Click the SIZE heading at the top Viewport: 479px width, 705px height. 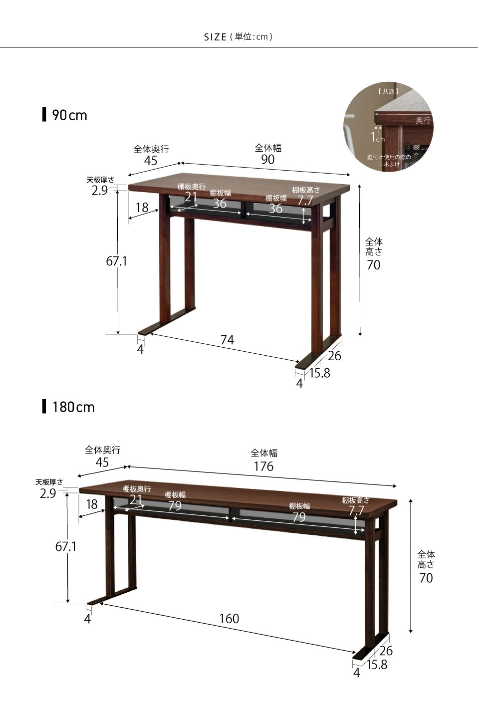(x=215, y=37)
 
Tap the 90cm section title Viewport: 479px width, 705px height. (x=69, y=115)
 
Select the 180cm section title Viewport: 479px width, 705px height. (x=73, y=407)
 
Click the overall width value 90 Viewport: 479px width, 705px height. (x=268, y=160)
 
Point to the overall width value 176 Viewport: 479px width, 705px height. (x=264, y=466)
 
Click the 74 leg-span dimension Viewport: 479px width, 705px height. (x=227, y=340)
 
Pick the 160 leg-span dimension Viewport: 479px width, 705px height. (x=229, y=619)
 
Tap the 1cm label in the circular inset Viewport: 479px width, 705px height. (x=377, y=137)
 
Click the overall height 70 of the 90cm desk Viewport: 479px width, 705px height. (x=374, y=265)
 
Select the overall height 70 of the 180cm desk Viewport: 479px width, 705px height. (x=426, y=578)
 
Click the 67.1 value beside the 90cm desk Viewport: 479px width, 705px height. (x=116, y=261)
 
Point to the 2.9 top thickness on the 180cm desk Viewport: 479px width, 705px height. (x=48, y=493)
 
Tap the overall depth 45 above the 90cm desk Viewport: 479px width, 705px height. (x=151, y=161)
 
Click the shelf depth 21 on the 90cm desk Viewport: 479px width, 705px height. (x=191, y=197)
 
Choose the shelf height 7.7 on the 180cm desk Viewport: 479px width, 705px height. (x=356, y=510)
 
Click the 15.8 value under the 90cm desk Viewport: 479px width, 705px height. (x=320, y=373)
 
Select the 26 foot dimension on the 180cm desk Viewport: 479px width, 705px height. (x=386, y=651)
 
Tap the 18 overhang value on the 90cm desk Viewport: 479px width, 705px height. (x=142, y=208)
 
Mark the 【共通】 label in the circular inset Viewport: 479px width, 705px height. (x=388, y=92)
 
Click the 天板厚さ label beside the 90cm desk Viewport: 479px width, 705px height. (x=100, y=180)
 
